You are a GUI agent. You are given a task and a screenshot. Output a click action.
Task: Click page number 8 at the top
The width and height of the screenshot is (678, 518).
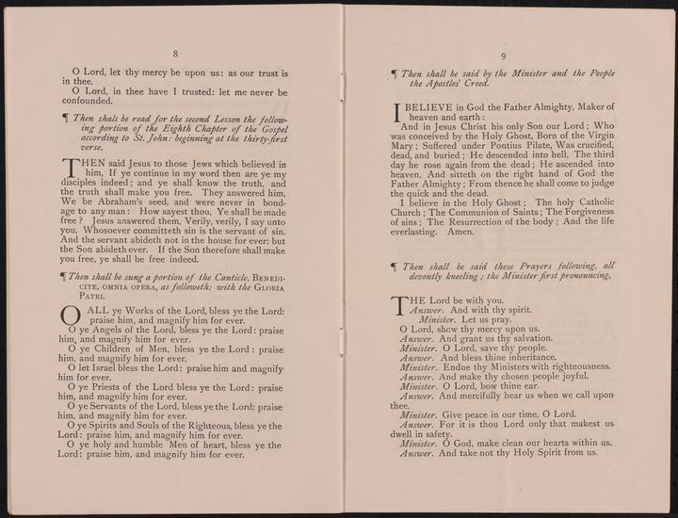(x=174, y=38)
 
